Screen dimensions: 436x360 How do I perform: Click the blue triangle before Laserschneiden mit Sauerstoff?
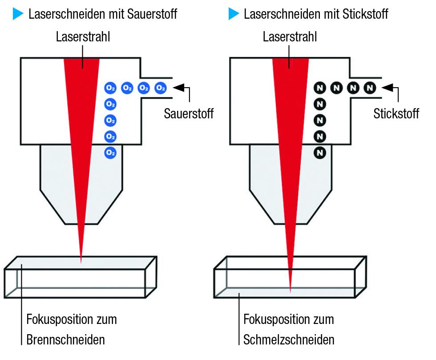point(17,14)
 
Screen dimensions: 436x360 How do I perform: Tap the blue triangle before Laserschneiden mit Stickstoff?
point(233,14)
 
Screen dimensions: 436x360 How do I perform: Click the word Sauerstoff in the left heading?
point(152,14)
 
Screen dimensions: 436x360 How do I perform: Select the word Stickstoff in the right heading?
point(365,14)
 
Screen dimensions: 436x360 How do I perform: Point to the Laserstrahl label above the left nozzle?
point(83,37)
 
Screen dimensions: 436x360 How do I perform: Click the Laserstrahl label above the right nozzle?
point(290,37)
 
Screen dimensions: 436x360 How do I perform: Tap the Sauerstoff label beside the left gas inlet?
point(189,113)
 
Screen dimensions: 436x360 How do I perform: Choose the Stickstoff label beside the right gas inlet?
point(396,113)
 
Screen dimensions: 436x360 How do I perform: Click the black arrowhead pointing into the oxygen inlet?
point(179,88)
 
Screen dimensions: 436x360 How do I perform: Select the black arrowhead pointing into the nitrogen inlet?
point(388,88)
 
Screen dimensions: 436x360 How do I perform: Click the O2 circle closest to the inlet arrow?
point(161,88)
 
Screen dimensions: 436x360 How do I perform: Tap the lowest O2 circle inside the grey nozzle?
point(110,153)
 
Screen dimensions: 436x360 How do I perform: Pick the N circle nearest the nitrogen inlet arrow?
point(370,88)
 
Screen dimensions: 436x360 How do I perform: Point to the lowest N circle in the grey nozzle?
point(320,153)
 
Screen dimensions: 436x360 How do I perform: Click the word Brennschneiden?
point(66,340)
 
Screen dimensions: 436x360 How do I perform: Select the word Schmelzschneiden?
point(289,340)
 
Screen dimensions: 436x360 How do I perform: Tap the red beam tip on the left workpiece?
point(81,262)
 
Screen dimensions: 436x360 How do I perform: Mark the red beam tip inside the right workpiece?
point(290,291)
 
